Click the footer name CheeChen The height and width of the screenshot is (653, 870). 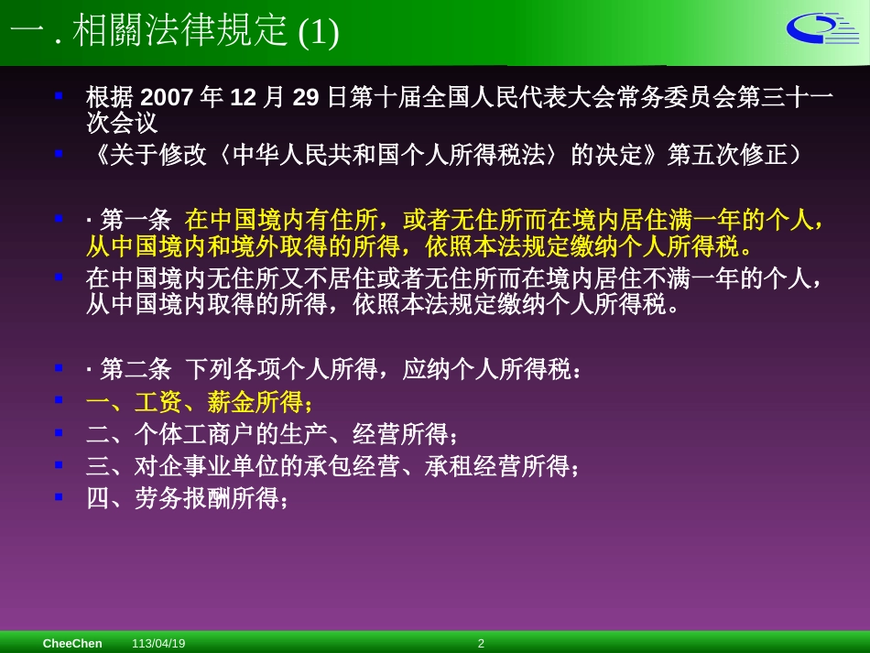pyautogui.click(x=72, y=644)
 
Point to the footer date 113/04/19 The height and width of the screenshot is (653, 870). pyautogui.click(x=158, y=644)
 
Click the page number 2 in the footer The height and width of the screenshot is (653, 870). pyautogui.click(x=481, y=644)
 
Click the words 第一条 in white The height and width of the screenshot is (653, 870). pyautogui.click(x=136, y=221)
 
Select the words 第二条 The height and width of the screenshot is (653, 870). pyautogui.click(x=136, y=369)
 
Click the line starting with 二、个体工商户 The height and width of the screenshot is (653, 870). pyautogui.click(x=271, y=434)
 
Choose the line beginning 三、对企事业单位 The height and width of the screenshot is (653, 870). pyautogui.click(x=332, y=467)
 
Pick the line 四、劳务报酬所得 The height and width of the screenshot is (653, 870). pyautogui.click(x=187, y=499)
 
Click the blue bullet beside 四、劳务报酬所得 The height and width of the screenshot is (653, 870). pyautogui.click(x=59, y=496)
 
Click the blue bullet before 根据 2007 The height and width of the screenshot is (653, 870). pyautogui.click(x=59, y=95)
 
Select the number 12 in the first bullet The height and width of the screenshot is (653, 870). pyautogui.click(x=243, y=98)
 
